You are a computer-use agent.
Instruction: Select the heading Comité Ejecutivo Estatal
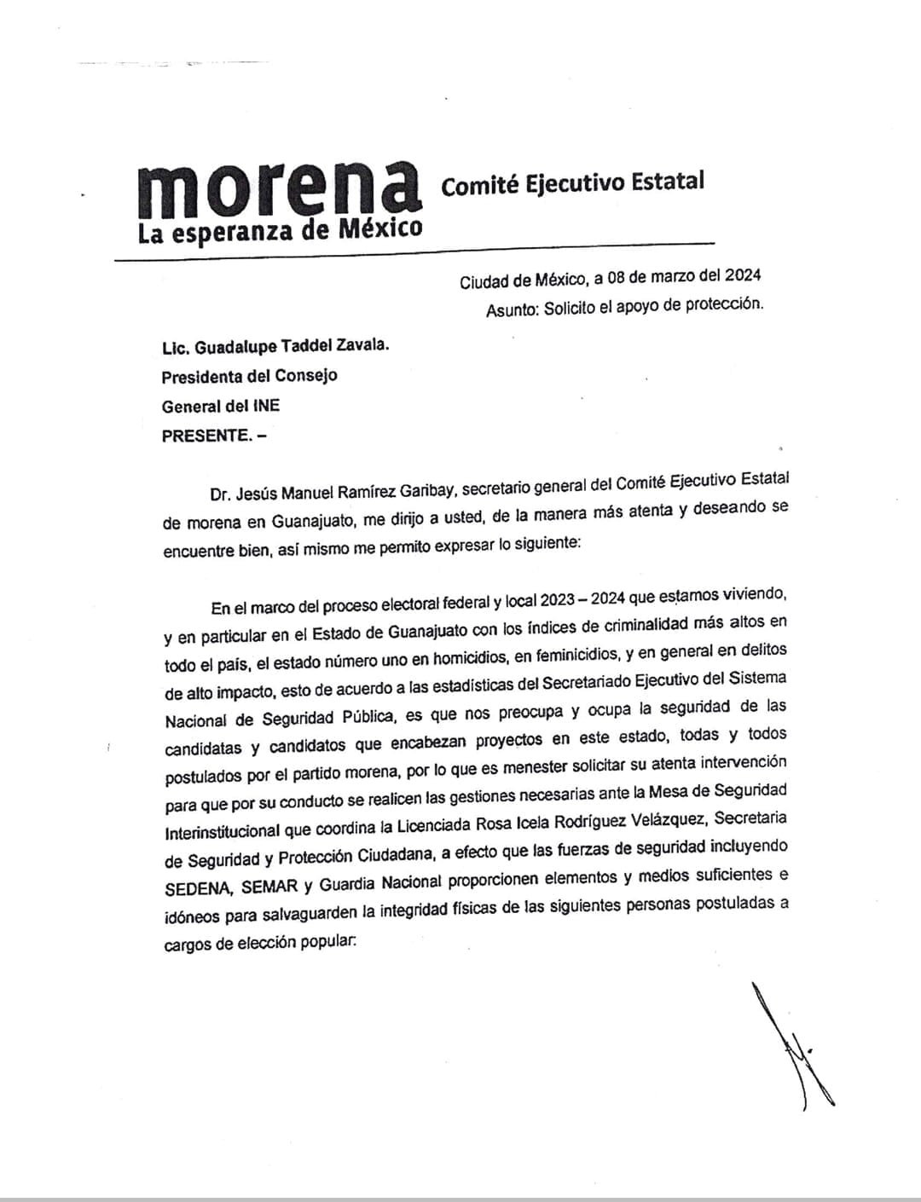tap(572, 182)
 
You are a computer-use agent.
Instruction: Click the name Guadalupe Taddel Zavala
tap(291, 347)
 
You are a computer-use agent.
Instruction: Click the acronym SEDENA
tap(198, 887)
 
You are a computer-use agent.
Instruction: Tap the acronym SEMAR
tap(269, 886)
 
